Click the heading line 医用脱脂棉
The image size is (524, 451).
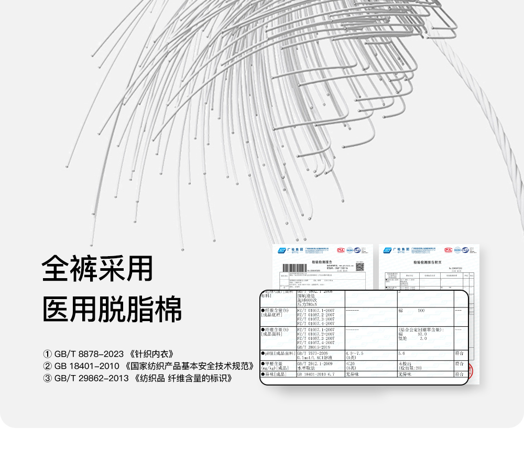pos(112,310)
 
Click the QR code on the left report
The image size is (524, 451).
pos(359,267)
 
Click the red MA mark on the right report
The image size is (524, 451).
pos(449,250)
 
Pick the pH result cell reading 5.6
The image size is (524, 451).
pos(402,354)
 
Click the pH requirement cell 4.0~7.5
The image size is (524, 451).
pos(354,354)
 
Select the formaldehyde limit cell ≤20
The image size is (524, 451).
pos(352,363)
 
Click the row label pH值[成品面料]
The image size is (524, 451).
pos(278,354)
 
